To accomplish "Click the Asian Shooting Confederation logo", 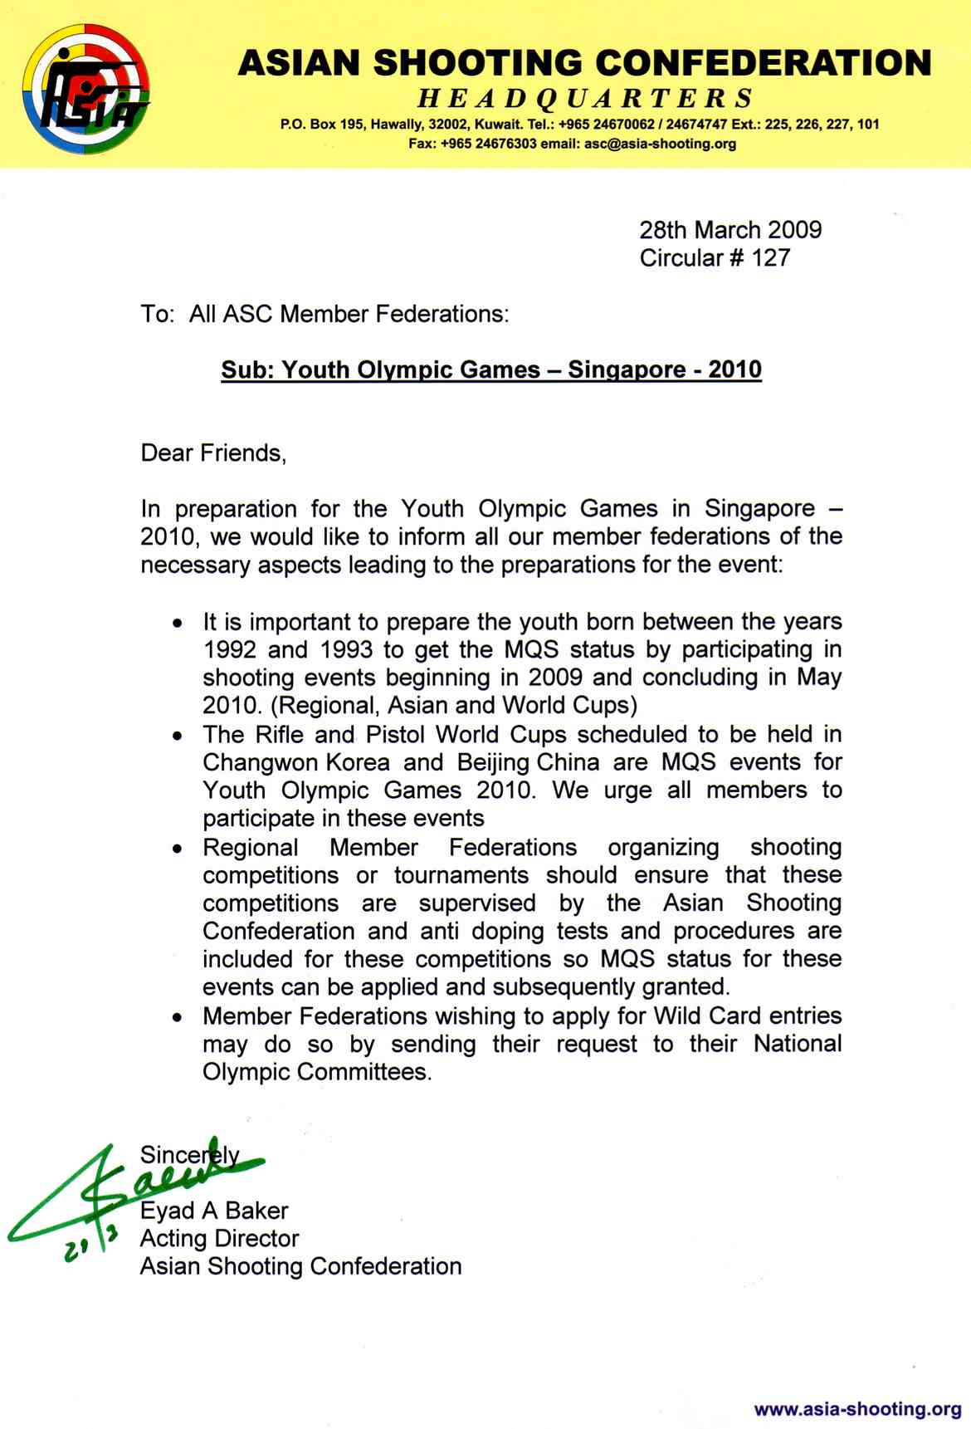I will coord(86,89).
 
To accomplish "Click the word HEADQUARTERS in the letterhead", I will coord(585,99).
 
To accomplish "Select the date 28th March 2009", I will coord(730,230).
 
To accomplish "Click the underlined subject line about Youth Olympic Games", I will coord(490,369).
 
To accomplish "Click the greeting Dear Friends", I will coord(213,453).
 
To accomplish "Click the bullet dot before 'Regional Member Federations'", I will coord(178,849).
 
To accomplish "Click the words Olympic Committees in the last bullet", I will coord(316,1072).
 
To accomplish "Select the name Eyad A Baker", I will coord(214,1211).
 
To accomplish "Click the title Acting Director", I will coord(219,1239).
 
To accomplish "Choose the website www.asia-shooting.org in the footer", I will coord(857,1409).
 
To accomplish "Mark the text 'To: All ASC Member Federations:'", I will coord(324,314).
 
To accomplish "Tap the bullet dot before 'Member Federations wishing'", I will coord(178,1018).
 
